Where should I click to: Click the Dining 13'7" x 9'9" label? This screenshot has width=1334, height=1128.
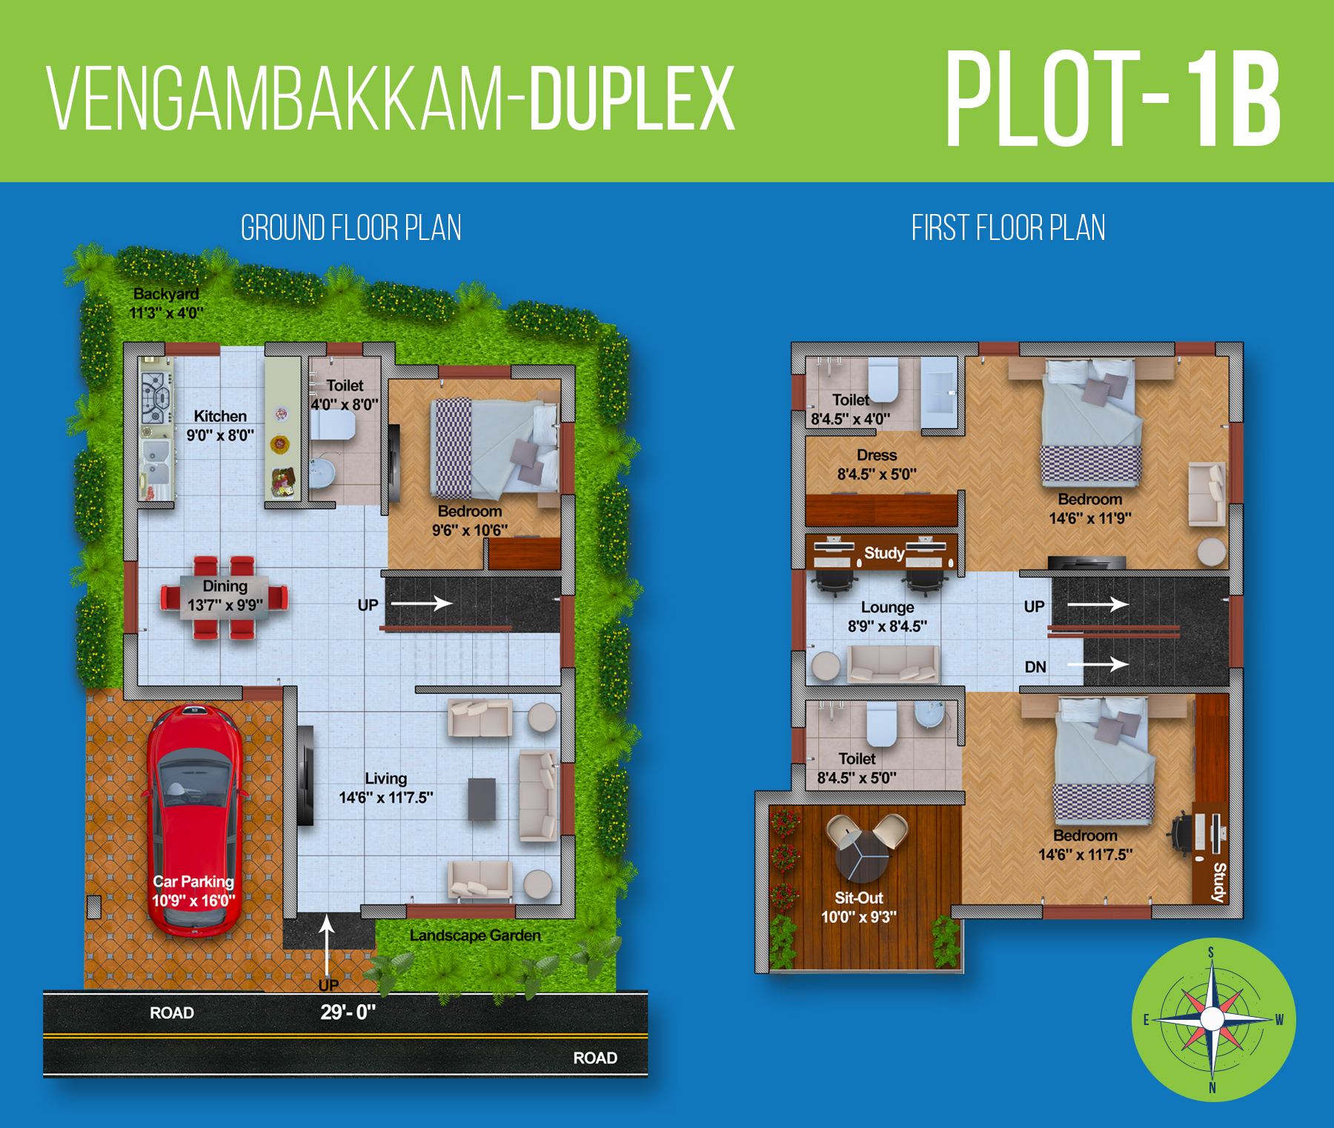point(225,595)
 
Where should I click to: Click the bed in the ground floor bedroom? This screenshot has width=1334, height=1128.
point(494,447)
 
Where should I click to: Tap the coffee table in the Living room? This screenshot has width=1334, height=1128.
point(482,798)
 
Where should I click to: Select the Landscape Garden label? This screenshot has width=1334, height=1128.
point(475,935)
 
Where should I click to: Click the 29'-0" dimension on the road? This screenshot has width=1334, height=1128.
point(348,1012)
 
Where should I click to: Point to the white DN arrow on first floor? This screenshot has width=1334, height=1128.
point(1098,664)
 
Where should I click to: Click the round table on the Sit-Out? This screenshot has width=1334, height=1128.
point(862,855)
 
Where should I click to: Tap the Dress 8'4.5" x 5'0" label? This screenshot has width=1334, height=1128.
point(877,464)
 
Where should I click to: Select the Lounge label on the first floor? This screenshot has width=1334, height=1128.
point(887,607)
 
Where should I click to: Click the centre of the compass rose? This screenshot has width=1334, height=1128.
point(1212,1019)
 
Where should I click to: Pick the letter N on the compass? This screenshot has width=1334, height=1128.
point(1212,1088)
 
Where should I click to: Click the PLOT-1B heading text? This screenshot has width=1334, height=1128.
point(1112,99)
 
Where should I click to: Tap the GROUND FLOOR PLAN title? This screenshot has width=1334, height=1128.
point(351,227)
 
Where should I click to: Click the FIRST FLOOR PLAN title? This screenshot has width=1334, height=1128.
point(1008,227)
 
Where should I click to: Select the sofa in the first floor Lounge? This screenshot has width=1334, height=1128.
point(893,663)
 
